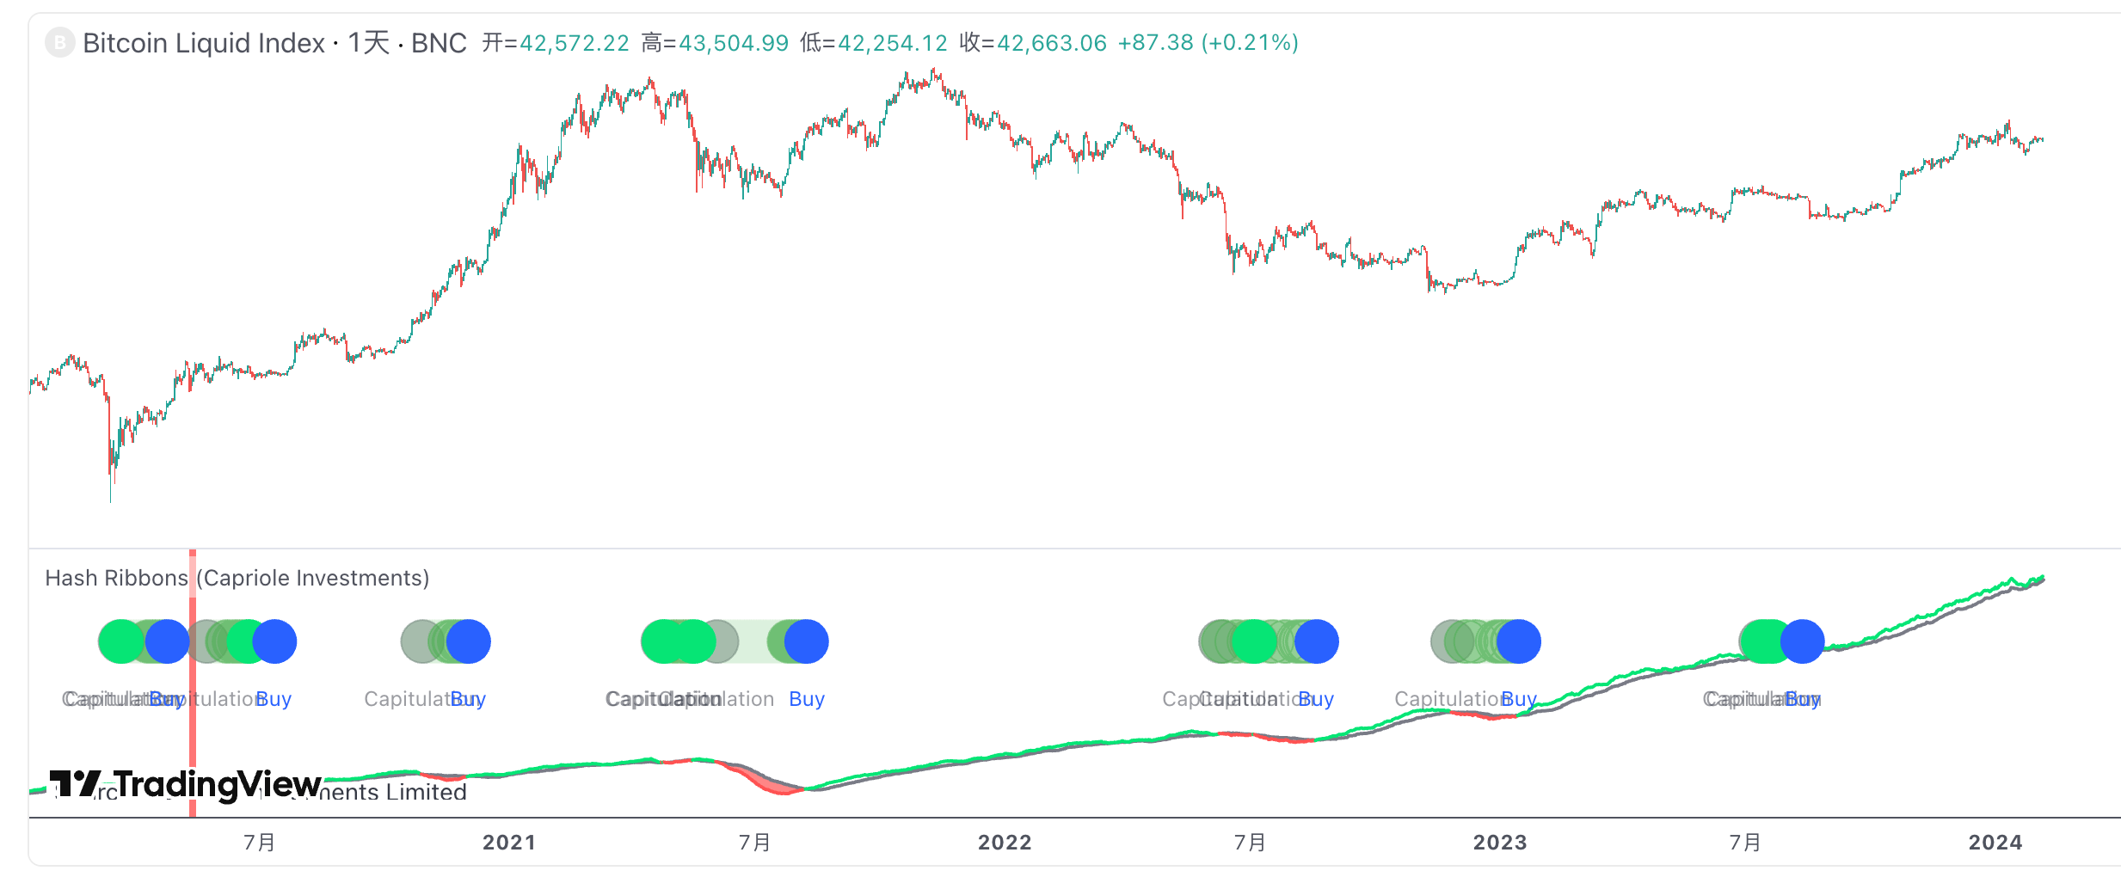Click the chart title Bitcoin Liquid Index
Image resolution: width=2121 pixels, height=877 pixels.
(203, 43)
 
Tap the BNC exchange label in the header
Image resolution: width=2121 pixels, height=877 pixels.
(439, 43)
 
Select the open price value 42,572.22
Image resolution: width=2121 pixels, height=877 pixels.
(575, 43)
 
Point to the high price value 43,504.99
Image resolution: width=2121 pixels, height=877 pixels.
(734, 43)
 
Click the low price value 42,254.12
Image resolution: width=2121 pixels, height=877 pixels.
(893, 43)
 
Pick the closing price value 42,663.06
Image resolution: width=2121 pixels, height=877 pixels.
(1052, 43)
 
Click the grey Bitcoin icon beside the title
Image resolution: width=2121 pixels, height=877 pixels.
(59, 43)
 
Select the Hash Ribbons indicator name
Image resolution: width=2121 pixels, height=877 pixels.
(116, 578)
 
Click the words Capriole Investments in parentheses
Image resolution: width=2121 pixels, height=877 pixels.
(313, 578)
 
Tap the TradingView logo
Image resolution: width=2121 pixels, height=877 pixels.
(186, 784)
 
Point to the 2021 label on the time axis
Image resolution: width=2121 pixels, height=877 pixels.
(509, 843)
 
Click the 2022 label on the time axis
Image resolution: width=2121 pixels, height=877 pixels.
(1005, 843)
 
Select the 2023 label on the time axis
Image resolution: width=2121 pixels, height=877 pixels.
(1500, 843)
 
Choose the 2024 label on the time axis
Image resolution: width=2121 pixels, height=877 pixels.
(1995, 843)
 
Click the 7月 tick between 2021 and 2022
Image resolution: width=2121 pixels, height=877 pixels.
(754, 843)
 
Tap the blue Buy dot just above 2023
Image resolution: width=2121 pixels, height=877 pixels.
(1518, 641)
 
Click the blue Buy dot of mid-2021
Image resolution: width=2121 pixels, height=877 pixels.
(806, 641)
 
